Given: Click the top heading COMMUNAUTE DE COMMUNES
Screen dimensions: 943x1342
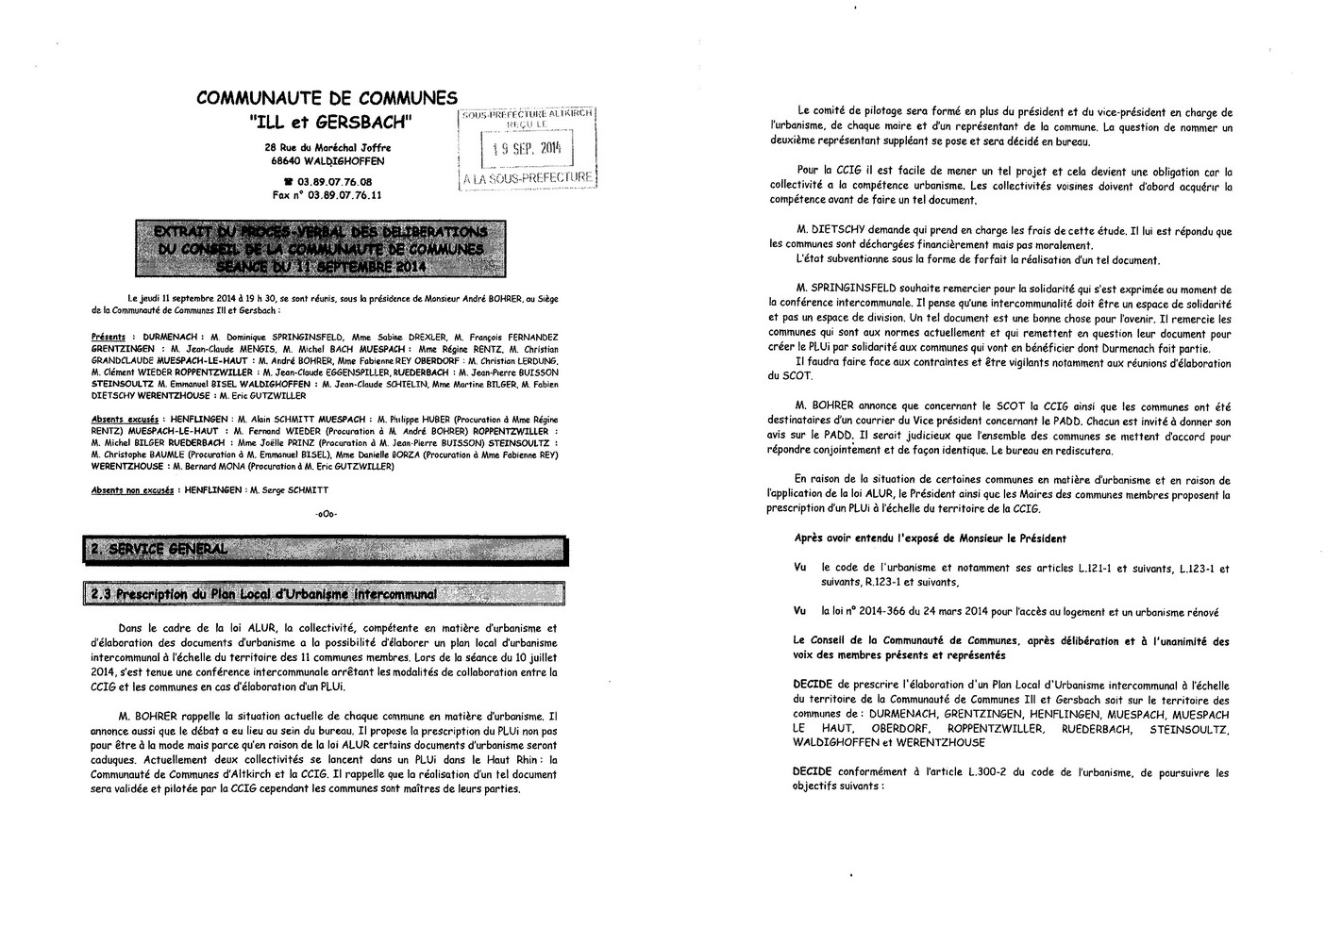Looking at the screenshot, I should point(327,98).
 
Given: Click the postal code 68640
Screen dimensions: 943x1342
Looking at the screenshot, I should point(285,161).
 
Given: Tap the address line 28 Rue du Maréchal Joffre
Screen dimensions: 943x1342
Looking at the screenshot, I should point(327,148).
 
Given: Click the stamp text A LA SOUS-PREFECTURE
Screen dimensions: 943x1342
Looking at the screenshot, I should point(528,177).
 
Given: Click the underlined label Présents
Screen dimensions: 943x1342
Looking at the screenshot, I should point(108,337).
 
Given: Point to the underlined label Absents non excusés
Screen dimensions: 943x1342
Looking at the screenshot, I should point(132,490).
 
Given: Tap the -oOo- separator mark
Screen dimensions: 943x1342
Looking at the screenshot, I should point(326,513).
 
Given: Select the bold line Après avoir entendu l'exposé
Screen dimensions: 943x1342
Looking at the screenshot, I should point(931,538).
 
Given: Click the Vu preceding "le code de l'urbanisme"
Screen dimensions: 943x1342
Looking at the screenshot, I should point(800,569).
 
